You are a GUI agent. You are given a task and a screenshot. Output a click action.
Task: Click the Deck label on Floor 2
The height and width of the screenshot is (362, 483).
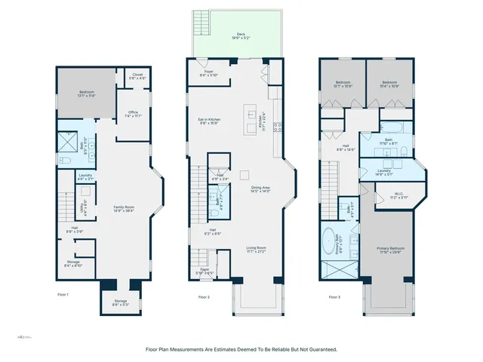241,35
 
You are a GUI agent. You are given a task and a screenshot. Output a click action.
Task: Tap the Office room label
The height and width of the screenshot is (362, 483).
133,114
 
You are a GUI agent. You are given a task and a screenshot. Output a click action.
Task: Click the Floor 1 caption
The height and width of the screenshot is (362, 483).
63,295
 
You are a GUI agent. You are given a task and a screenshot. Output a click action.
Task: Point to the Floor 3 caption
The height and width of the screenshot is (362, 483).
334,296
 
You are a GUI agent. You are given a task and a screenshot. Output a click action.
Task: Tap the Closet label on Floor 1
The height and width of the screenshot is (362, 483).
137,75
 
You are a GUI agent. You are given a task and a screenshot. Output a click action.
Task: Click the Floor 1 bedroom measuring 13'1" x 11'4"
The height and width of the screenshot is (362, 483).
87,94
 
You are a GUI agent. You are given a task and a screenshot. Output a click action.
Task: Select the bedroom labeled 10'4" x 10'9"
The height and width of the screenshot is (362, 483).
389,84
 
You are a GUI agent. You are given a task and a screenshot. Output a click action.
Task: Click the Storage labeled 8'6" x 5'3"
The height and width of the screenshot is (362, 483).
121,303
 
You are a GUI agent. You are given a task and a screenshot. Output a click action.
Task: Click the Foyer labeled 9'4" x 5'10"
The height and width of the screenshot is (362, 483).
208,73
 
